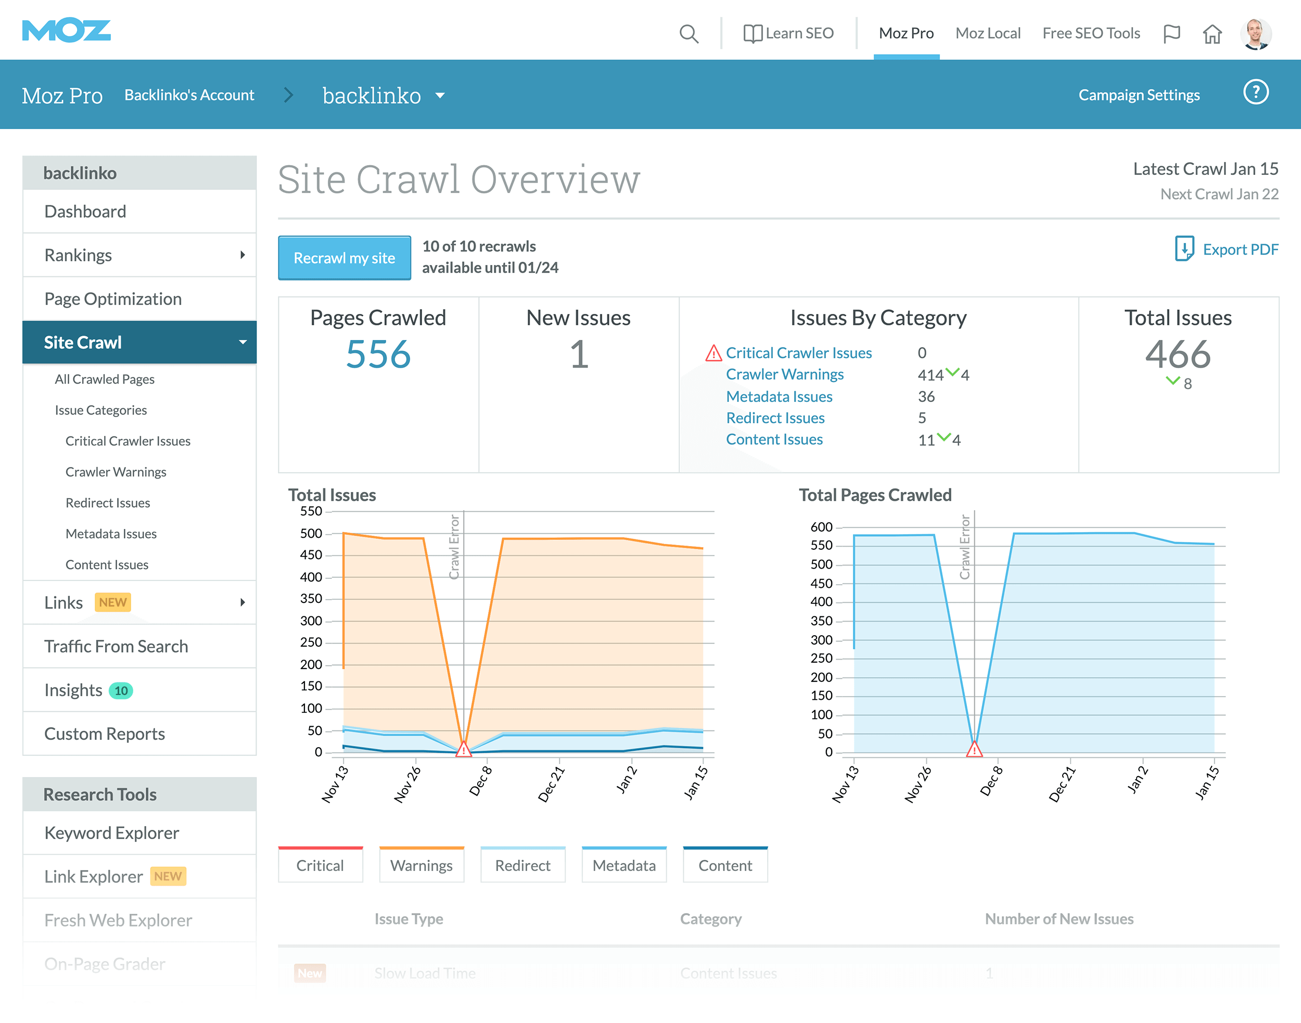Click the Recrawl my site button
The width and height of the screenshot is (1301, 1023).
pos(345,258)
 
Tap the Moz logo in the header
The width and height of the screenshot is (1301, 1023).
pos(66,31)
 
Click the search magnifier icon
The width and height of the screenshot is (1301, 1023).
pos(688,33)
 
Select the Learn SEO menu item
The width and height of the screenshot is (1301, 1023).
pos(788,33)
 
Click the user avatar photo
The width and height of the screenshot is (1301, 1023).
pos(1256,33)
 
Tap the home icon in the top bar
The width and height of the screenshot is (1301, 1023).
pos(1212,33)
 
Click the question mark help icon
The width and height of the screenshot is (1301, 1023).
pos(1256,92)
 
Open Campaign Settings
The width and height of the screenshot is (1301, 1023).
pos(1139,95)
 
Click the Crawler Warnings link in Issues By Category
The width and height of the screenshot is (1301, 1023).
pos(784,374)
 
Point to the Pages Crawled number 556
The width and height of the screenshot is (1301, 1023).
pos(378,355)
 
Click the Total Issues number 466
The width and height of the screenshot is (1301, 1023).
pos(1178,355)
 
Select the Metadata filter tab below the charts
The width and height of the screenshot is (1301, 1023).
pos(624,865)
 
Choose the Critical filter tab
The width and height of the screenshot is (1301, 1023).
pos(321,865)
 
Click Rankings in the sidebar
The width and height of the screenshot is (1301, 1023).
pos(78,255)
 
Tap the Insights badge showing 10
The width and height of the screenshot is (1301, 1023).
pos(121,690)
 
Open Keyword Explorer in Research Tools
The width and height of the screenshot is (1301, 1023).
pos(111,833)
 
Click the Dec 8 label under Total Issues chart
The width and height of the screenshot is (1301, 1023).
pos(480,780)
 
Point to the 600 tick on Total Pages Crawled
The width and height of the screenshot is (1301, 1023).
pos(821,527)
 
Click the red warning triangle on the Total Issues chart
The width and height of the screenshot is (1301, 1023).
pos(463,749)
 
